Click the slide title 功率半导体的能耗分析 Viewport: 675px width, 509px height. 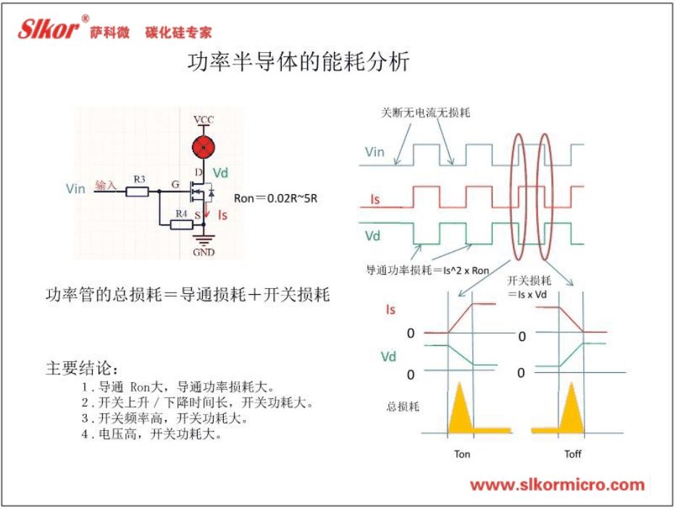tap(298, 62)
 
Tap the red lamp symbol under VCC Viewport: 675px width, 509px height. tap(204, 147)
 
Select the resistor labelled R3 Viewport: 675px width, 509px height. tap(138, 191)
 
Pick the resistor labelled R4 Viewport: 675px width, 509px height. tap(182, 224)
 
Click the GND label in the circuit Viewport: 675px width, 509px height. tap(204, 252)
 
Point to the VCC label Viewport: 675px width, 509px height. tap(204, 119)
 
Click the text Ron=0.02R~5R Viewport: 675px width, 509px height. tap(275, 198)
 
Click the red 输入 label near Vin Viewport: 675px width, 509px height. tap(106, 185)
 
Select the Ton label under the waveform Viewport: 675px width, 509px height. tap(462, 454)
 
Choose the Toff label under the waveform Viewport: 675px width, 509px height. tap(573, 454)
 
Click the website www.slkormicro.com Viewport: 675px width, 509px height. tap(558, 485)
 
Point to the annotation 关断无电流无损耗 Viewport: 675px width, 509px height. tap(425, 113)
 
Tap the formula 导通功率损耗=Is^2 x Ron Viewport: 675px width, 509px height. tap(427, 270)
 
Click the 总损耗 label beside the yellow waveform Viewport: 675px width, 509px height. tap(403, 407)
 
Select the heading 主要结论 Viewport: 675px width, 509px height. tap(81, 369)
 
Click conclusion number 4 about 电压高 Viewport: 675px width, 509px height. tap(152, 434)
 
